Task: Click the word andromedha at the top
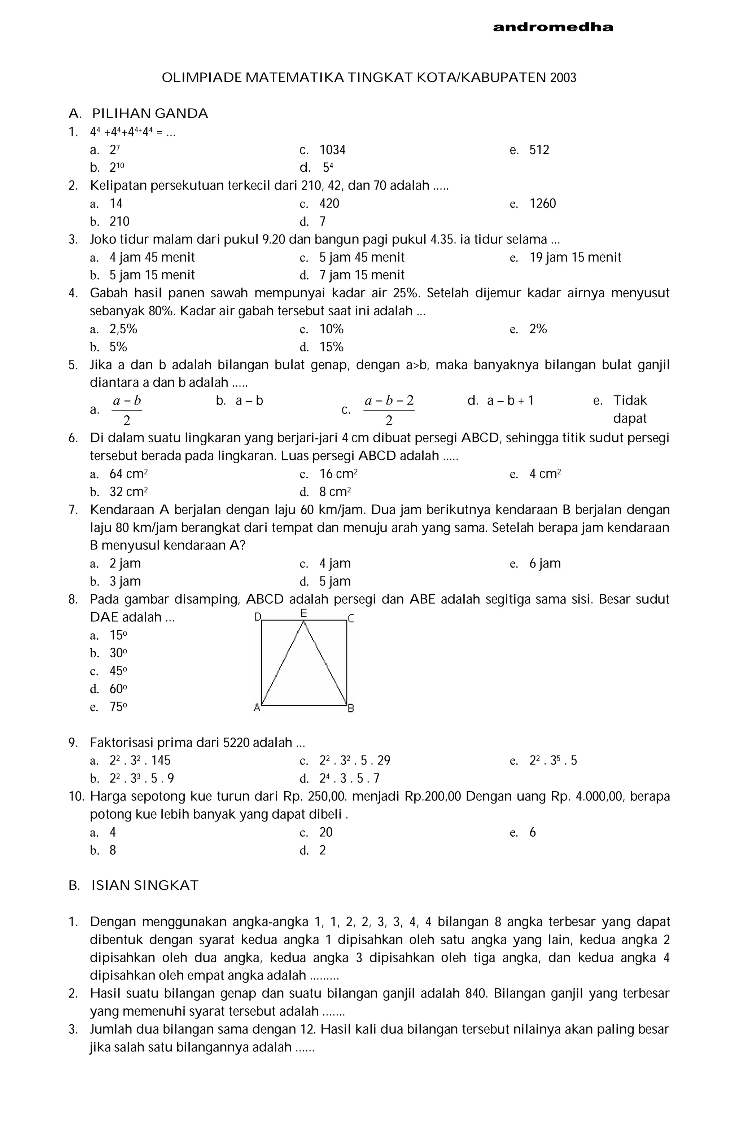(x=553, y=27)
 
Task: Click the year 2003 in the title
(x=563, y=78)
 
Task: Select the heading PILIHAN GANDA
(x=150, y=114)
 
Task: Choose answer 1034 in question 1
(x=332, y=150)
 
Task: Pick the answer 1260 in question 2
(x=542, y=204)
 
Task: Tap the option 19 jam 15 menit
(x=575, y=257)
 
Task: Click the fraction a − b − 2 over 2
(x=389, y=410)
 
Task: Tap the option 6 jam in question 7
(x=545, y=564)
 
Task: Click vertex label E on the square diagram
(x=303, y=613)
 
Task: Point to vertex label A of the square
(x=257, y=708)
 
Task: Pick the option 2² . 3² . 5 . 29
(x=355, y=761)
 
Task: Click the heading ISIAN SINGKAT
(x=145, y=885)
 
